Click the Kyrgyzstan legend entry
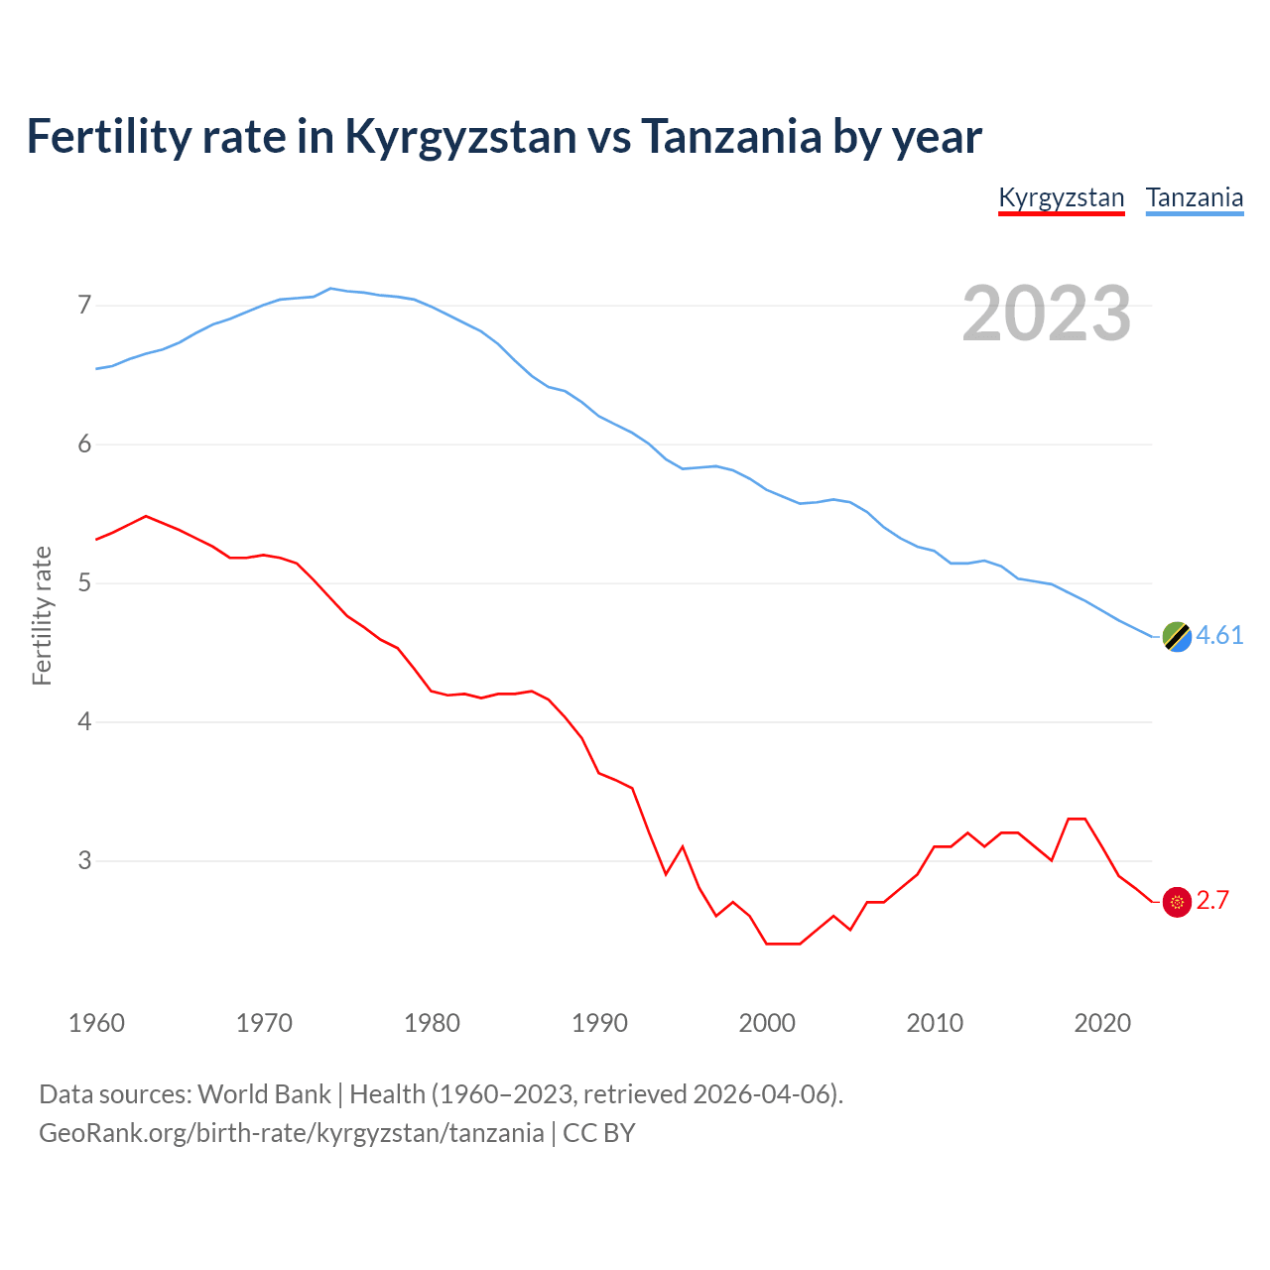(x=1061, y=197)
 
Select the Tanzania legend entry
(x=1195, y=197)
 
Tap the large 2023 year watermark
(x=1046, y=314)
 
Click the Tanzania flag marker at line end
(x=1176, y=636)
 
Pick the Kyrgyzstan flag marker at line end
(x=1176, y=901)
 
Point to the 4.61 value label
(x=1219, y=636)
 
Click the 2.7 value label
(x=1212, y=901)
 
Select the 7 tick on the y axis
(x=84, y=305)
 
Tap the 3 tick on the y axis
(x=84, y=860)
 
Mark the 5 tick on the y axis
(x=84, y=582)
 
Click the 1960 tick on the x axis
(x=96, y=1023)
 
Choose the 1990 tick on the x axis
(x=599, y=1023)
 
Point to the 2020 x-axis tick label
(x=1102, y=1023)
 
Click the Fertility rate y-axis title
(x=42, y=615)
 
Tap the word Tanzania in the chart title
(x=731, y=136)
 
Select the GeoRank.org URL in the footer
(x=291, y=1133)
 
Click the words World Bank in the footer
(x=264, y=1094)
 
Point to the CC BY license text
(x=598, y=1133)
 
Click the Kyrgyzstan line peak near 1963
(x=146, y=516)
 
